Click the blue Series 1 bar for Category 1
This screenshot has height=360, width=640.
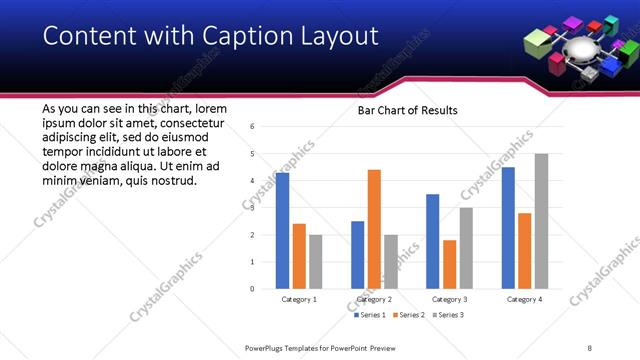coord(282,230)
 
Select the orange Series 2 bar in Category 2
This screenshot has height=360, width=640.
coord(374,229)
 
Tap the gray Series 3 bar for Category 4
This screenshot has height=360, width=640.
coord(541,221)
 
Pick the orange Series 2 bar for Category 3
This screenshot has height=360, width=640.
coord(450,264)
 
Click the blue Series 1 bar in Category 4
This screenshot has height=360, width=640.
coord(508,227)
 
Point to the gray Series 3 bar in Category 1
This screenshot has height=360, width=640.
coord(315,261)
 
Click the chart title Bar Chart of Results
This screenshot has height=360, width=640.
coord(408,110)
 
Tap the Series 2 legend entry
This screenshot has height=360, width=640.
coord(410,315)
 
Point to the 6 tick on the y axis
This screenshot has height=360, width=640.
coord(253,127)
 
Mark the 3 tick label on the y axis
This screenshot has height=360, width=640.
coord(253,208)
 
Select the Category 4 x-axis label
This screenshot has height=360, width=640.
coord(524,299)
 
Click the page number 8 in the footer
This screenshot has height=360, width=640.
coord(590,348)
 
